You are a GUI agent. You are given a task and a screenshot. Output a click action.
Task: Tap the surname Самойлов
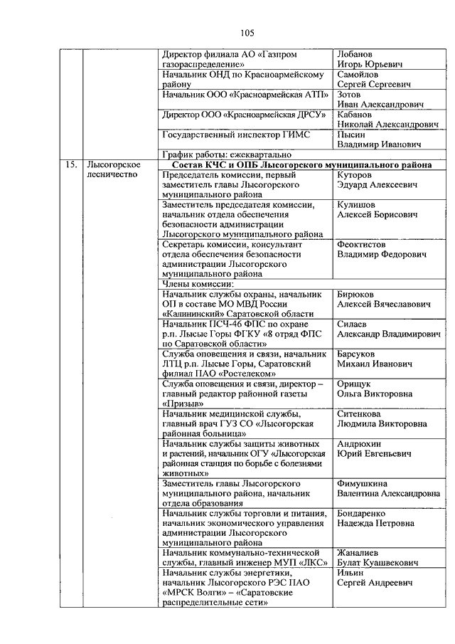click(359, 75)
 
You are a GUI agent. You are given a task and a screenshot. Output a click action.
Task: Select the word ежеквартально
click(260, 154)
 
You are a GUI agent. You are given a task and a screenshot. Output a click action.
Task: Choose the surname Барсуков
click(358, 354)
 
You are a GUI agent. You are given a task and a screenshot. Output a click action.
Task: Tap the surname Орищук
click(355, 384)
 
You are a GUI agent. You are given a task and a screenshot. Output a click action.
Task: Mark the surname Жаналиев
click(359, 552)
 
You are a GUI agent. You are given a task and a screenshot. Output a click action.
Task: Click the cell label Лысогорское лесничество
click(108, 170)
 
